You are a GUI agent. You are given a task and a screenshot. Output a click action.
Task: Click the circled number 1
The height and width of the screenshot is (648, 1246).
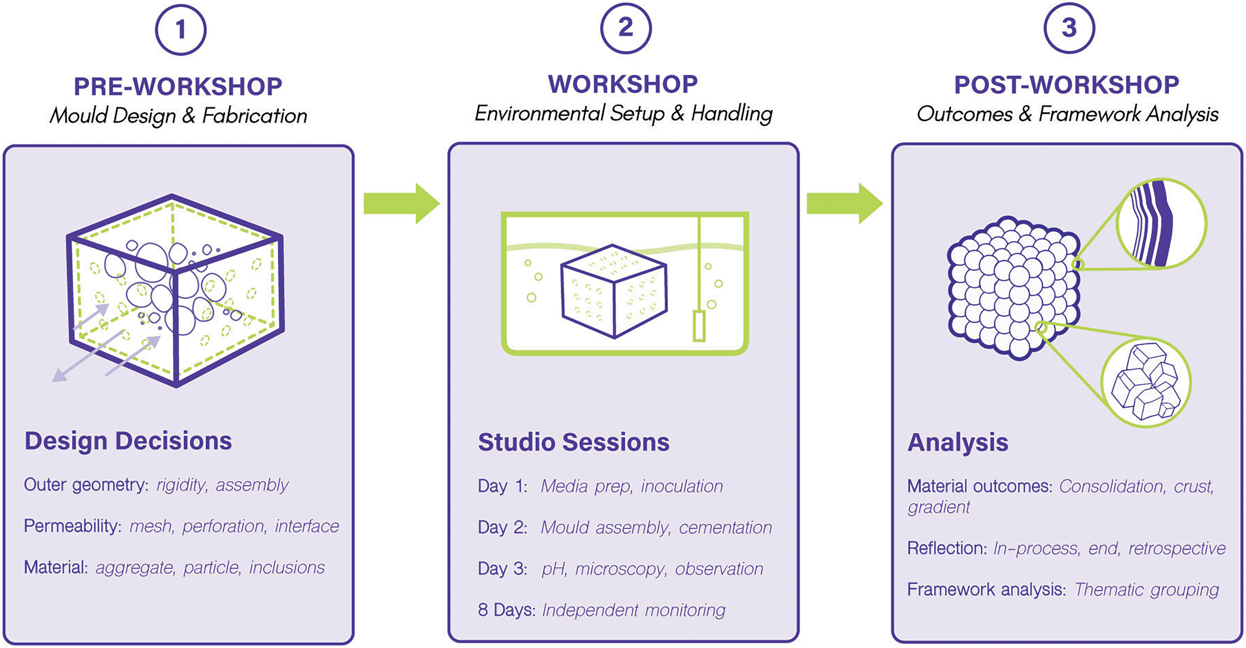click(x=181, y=30)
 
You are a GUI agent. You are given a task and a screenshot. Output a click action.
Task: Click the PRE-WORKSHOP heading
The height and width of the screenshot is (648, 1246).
click(x=178, y=86)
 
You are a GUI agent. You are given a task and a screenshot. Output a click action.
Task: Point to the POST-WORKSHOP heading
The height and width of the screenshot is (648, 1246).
click(x=1067, y=85)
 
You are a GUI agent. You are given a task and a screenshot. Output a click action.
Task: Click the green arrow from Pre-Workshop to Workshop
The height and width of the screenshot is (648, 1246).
click(x=401, y=203)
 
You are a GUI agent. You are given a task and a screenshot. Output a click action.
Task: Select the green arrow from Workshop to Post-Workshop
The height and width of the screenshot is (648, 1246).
click(x=845, y=203)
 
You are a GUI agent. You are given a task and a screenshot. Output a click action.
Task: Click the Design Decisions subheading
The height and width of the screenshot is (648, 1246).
click(x=128, y=441)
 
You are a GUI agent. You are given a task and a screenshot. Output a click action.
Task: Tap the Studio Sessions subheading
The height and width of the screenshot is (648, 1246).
click(x=574, y=442)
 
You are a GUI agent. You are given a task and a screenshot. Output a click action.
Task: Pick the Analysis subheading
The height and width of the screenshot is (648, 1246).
click(x=958, y=442)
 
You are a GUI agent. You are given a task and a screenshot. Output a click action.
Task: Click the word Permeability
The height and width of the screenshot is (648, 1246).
click(x=72, y=526)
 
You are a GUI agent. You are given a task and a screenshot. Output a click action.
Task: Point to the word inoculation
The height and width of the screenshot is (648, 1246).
click(x=682, y=486)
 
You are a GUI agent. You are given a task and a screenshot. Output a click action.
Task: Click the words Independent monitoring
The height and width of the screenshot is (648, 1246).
click(x=634, y=610)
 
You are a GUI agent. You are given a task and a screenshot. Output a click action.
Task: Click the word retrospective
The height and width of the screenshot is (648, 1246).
click(x=1177, y=548)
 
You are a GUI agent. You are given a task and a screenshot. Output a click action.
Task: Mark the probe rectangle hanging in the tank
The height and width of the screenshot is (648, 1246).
click(x=699, y=326)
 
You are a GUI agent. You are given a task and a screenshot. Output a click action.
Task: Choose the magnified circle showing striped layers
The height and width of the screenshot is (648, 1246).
click(x=1161, y=224)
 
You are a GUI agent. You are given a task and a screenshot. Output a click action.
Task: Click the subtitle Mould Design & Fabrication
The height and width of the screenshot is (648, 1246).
click(x=178, y=115)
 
